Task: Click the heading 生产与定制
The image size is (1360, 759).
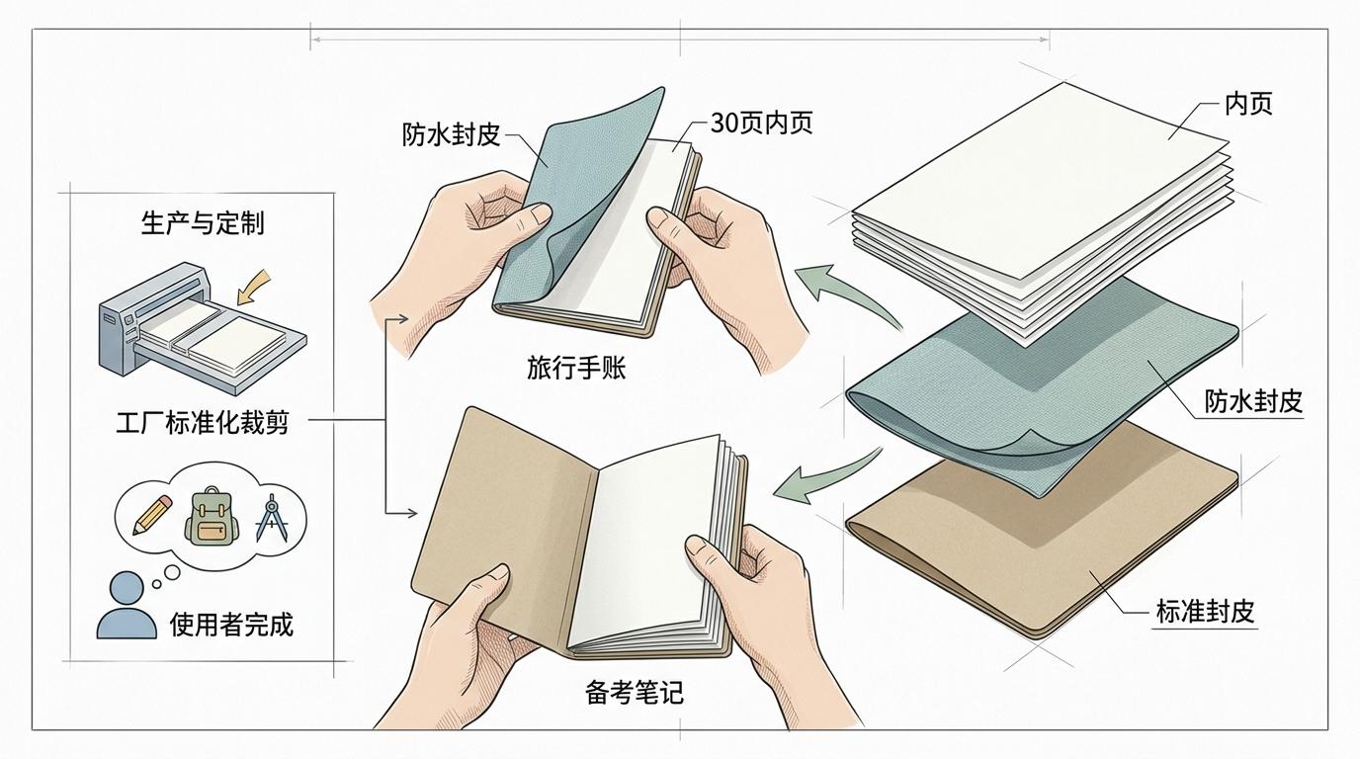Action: click(x=203, y=223)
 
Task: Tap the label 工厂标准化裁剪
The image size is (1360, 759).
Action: click(x=203, y=423)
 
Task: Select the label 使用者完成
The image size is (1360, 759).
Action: click(x=232, y=624)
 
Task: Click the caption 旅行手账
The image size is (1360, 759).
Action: click(x=576, y=368)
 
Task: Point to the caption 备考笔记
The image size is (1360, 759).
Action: click(x=635, y=692)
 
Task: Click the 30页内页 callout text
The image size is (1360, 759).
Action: click(x=761, y=124)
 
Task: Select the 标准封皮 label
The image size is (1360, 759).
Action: click(x=1205, y=612)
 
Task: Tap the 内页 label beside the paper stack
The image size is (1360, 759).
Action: click(x=1248, y=104)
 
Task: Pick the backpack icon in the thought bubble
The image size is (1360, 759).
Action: click(x=212, y=516)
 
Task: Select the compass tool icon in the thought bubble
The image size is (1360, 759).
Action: click(x=272, y=517)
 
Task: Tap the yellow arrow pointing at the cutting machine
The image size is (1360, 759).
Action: click(x=253, y=286)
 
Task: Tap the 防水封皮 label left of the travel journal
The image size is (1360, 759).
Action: click(x=451, y=134)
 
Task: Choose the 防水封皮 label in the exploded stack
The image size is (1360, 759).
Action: click(x=1253, y=402)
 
